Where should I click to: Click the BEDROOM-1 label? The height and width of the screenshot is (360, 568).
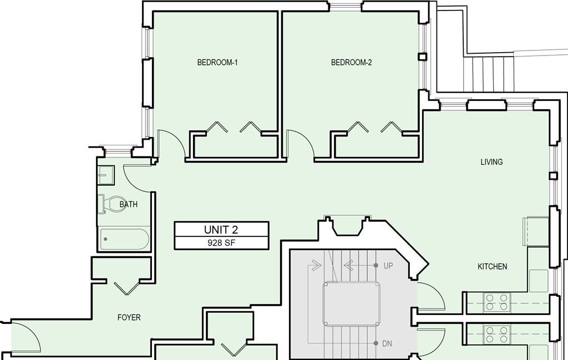tap(217, 62)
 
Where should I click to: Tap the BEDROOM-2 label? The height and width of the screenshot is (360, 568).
tap(351, 62)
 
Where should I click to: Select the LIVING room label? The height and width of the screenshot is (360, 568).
tap(491, 162)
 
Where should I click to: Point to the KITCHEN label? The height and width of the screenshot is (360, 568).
tap(493, 267)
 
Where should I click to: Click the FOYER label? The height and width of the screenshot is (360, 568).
tap(129, 318)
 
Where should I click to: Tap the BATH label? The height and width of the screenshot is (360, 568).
tap(129, 204)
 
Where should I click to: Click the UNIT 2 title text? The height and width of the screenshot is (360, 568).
tap(221, 230)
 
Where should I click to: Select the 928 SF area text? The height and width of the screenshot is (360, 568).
tap(221, 242)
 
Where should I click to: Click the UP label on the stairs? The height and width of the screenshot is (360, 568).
tap(388, 266)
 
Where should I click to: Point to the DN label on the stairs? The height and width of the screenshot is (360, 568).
tap(387, 343)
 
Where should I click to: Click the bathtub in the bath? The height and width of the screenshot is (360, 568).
tap(124, 239)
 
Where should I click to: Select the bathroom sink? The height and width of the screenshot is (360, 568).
tap(106, 175)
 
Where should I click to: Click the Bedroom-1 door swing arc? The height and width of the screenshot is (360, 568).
tap(177, 139)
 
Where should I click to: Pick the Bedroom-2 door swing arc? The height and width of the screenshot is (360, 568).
tap(306, 139)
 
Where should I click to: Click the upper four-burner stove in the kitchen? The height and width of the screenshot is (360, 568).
tap(496, 302)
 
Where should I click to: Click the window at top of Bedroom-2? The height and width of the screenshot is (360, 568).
tap(345, 6)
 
